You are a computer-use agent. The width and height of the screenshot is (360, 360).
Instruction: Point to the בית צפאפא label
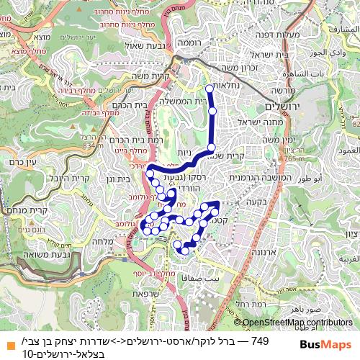click(x=201, y=278)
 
